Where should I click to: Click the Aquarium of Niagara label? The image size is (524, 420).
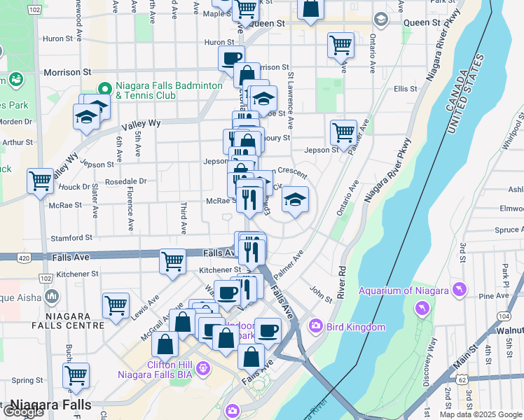[x=403, y=290]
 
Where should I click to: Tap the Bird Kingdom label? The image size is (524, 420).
[x=355, y=327]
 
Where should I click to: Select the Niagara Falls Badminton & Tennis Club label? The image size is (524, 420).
[x=169, y=90]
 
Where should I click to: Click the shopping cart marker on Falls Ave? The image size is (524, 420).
[x=172, y=262]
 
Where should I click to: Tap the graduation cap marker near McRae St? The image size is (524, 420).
[x=296, y=200]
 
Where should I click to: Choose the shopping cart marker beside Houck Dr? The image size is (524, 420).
[x=41, y=181]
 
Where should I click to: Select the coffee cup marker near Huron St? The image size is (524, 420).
[x=231, y=59]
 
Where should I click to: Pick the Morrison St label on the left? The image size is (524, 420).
[x=67, y=72]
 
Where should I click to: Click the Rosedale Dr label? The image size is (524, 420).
[x=125, y=181]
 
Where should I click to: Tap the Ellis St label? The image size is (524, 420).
[x=405, y=89]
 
